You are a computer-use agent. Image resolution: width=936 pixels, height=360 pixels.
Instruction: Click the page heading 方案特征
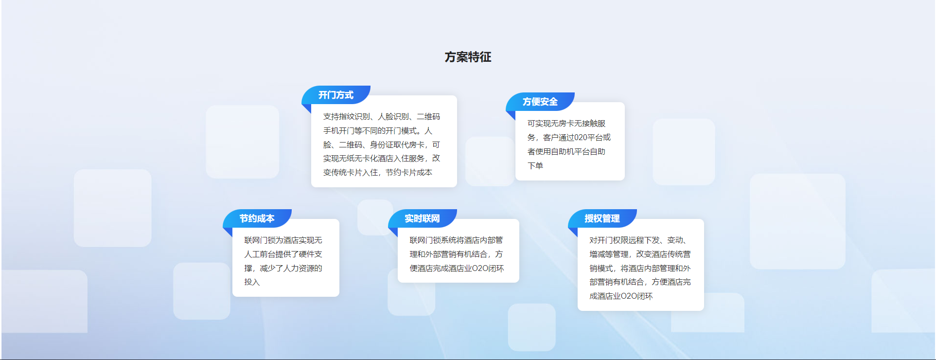(x=468, y=57)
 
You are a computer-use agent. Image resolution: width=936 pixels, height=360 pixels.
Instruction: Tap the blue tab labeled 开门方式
(x=336, y=95)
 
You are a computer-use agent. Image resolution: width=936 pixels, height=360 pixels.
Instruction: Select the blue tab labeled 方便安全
(x=540, y=102)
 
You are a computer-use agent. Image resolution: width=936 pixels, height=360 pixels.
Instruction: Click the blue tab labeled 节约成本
(x=257, y=218)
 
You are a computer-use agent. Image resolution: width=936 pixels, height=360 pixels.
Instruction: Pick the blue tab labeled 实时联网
(x=423, y=218)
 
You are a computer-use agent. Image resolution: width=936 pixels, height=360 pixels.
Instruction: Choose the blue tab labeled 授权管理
(x=602, y=218)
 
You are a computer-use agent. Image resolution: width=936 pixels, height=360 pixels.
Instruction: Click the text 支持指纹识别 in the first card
(x=347, y=117)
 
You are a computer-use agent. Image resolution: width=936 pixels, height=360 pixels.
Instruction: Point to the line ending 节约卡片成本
(x=378, y=173)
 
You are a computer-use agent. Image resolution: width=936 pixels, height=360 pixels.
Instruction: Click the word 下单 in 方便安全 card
(x=535, y=166)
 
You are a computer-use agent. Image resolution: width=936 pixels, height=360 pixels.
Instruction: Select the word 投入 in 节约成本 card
(x=252, y=282)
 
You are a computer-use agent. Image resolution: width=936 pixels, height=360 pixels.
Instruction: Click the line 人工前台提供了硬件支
(x=283, y=254)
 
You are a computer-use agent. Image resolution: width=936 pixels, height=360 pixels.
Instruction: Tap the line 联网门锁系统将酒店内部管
(x=457, y=240)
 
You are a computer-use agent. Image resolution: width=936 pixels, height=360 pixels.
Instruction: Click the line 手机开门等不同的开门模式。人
(x=378, y=131)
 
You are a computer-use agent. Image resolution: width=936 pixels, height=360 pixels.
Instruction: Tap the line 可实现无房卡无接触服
(x=566, y=124)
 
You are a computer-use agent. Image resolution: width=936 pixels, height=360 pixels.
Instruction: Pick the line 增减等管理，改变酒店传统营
(x=640, y=254)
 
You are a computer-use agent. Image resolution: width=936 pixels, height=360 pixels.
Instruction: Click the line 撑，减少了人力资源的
(x=283, y=269)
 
